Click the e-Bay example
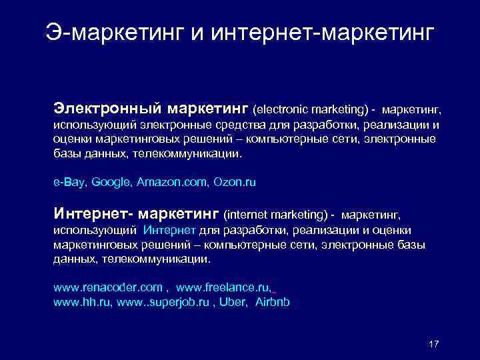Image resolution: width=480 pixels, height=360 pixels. pos(69,181)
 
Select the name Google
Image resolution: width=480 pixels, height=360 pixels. pos(110,181)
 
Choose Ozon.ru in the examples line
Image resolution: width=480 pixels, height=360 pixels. pos(235,181)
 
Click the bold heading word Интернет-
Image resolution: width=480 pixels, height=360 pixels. pos(94,214)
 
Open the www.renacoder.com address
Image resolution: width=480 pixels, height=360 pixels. pos(107,287)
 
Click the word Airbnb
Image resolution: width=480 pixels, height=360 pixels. pos(273,302)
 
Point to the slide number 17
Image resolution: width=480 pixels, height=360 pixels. pos(434,344)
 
